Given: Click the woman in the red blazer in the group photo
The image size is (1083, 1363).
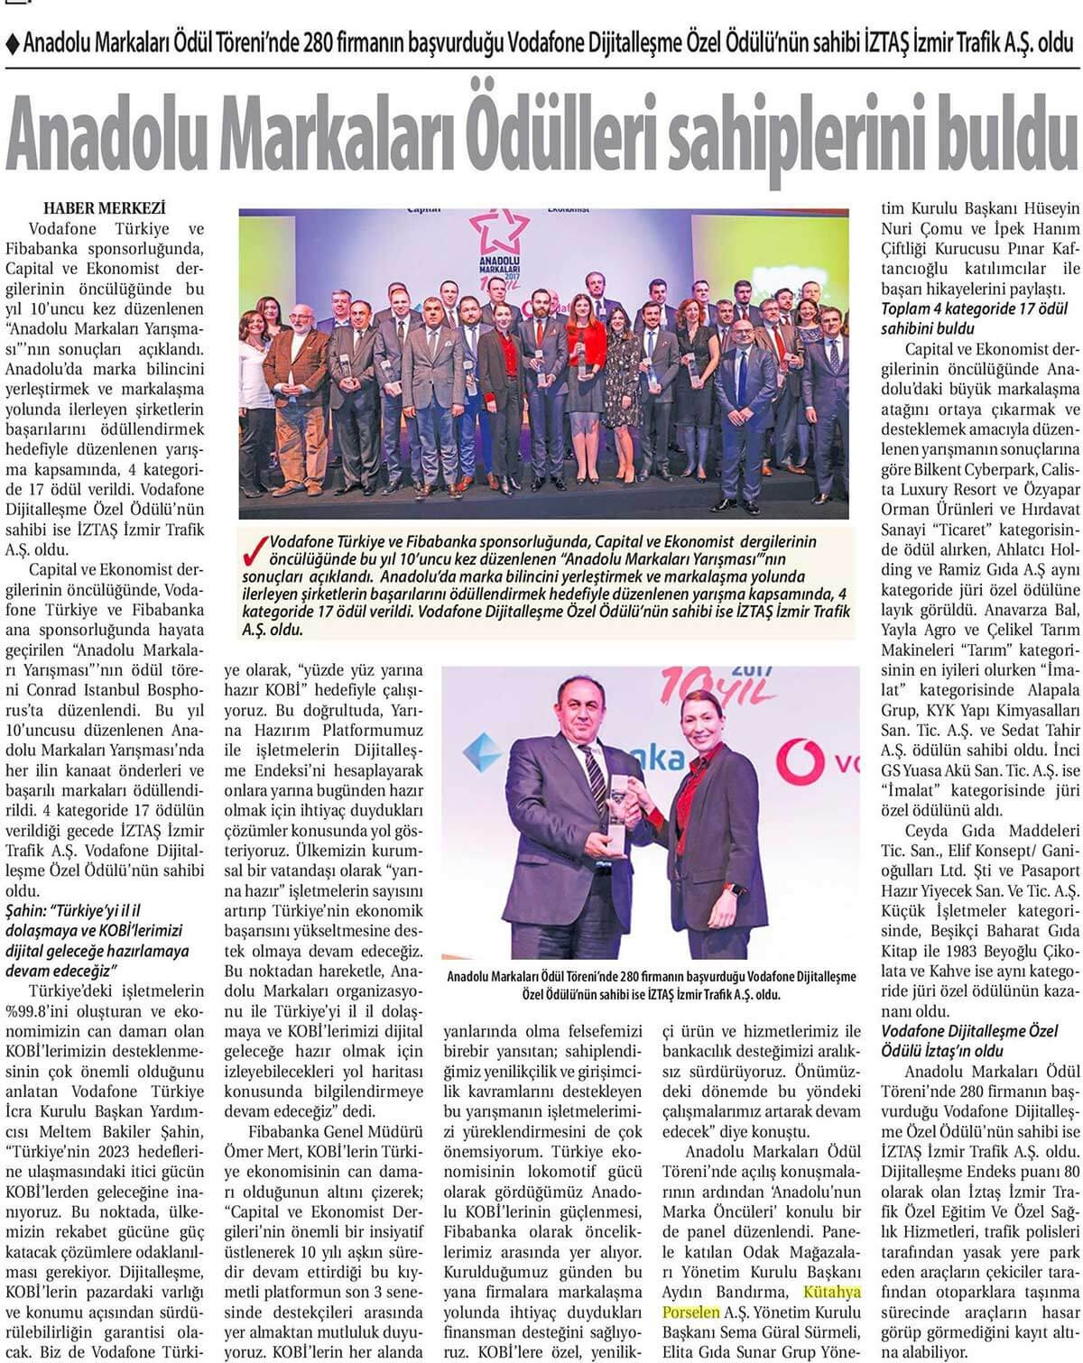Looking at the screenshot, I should (587, 352).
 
